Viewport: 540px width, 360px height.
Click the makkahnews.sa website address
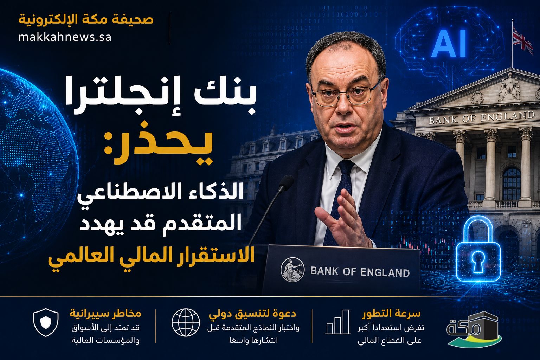(65, 37)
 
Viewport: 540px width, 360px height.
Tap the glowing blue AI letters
(449, 43)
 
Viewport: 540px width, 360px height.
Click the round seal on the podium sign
(292, 269)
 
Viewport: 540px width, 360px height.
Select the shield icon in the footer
(46, 322)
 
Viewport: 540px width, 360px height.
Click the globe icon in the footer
(186, 322)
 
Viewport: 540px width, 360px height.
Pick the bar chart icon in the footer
(338, 322)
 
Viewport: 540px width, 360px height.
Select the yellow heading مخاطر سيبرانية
(105, 314)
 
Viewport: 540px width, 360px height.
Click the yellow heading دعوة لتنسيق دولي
(252, 314)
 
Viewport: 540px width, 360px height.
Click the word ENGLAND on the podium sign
(385, 272)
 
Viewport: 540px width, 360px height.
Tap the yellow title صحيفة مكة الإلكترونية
(86, 19)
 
